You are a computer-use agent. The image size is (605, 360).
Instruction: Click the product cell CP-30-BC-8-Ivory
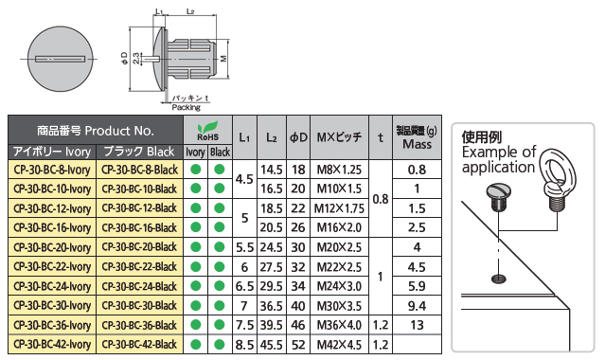coord(52,170)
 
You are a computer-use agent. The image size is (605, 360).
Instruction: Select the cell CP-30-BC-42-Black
coord(139,344)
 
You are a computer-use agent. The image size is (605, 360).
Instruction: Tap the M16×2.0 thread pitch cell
coord(339,227)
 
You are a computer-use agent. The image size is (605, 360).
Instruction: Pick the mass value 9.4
coord(417,306)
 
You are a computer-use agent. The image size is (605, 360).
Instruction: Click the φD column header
coord(298,137)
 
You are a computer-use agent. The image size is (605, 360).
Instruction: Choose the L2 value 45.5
coord(271,345)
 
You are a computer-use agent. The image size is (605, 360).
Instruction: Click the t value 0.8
coord(381,199)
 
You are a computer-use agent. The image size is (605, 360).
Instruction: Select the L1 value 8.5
coord(244,345)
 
